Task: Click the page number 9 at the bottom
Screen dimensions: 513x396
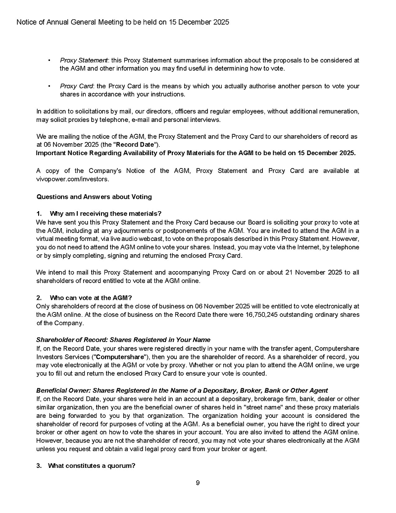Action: click(x=198, y=483)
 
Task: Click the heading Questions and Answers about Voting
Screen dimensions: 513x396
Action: click(x=94, y=197)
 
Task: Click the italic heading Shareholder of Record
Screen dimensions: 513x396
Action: click(x=123, y=340)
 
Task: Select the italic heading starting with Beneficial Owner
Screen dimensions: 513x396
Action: click(x=182, y=391)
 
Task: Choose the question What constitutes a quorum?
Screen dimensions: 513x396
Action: click(x=92, y=466)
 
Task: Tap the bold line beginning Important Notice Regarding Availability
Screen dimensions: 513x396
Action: click(x=196, y=153)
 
